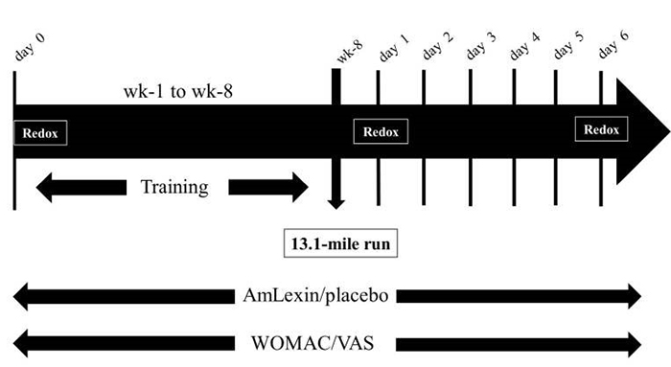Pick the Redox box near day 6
[602, 129]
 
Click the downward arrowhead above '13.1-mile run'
[335, 202]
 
